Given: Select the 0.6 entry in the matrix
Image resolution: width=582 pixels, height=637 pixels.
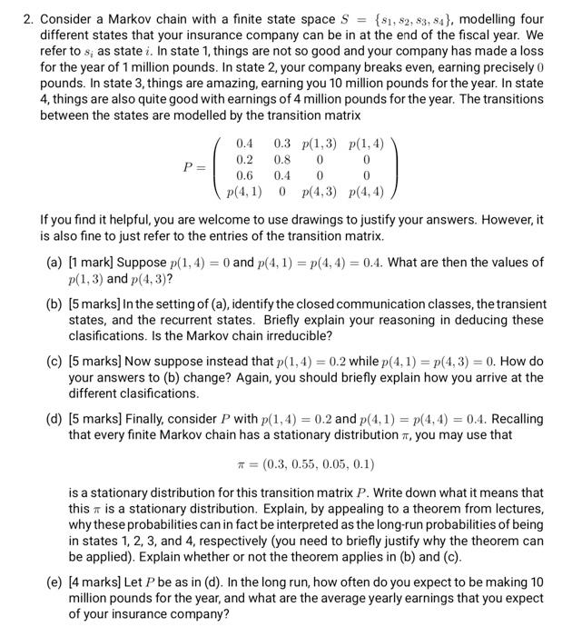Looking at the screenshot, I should [x=244, y=174].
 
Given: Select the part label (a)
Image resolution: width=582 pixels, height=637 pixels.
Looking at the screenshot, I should [x=54, y=263].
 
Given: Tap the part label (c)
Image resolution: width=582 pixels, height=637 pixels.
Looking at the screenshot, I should [x=54, y=362].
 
